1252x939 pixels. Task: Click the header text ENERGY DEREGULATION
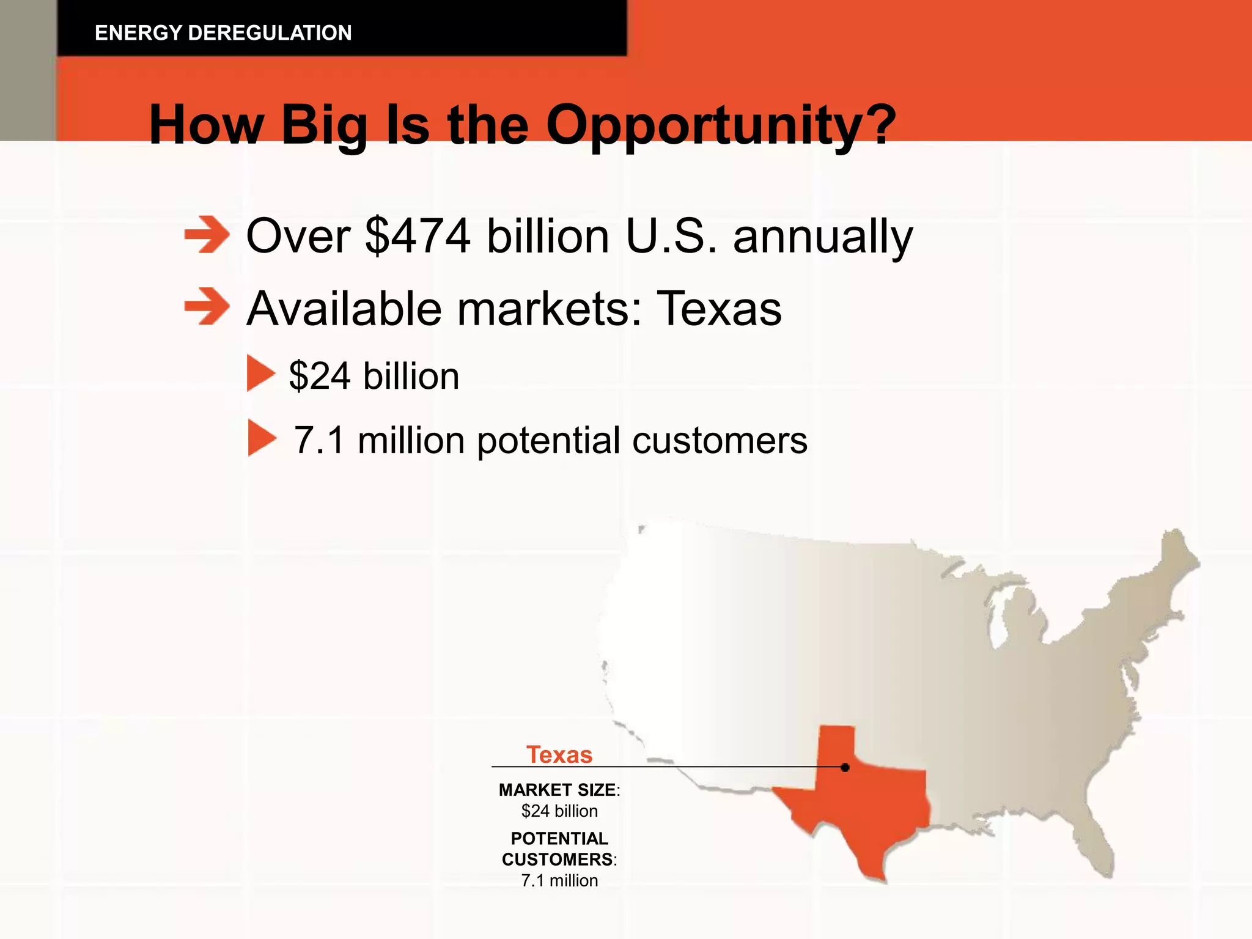pos(223,33)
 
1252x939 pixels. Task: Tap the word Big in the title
pos(324,125)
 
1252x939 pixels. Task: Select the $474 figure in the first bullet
pos(418,237)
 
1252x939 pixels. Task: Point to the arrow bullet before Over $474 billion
pos(207,234)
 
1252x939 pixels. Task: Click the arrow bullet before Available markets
pos(207,307)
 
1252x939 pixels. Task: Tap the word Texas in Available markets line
pos(719,309)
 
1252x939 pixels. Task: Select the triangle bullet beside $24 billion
pos(260,374)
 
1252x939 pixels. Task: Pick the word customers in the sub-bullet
pos(720,440)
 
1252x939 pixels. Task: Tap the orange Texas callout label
pos(559,755)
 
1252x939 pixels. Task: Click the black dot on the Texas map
pos(845,767)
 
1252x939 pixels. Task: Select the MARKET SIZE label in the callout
pos(558,790)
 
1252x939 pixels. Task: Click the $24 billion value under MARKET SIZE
pos(559,811)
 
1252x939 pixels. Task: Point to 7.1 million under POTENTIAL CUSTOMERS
pos(559,880)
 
